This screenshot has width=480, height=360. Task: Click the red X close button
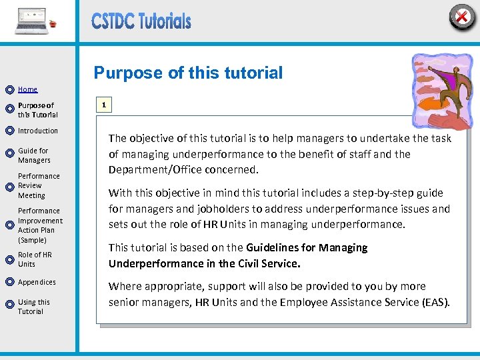pyautogui.click(x=461, y=17)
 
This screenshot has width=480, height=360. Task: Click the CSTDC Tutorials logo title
pyautogui.click(x=141, y=22)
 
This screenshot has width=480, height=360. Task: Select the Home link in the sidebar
pyautogui.click(x=27, y=89)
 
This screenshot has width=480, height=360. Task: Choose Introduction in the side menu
pyautogui.click(x=38, y=131)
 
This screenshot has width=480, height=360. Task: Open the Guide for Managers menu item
pyautogui.click(x=34, y=155)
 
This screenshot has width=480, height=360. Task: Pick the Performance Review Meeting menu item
pyautogui.click(x=39, y=186)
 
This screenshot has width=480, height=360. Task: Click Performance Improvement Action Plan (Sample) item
pyautogui.click(x=40, y=225)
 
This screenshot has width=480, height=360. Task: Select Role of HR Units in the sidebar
pyautogui.click(x=35, y=259)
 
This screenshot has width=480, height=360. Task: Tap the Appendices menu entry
pyautogui.click(x=37, y=282)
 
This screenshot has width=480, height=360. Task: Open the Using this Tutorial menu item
pyautogui.click(x=34, y=307)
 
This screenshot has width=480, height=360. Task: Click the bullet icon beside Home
pyautogui.click(x=9, y=89)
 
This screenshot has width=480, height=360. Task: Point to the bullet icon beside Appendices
pyautogui.click(x=9, y=283)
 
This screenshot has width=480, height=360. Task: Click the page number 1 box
pyautogui.click(x=103, y=105)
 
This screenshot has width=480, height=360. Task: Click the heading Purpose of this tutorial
pyautogui.click(x=188, y=73)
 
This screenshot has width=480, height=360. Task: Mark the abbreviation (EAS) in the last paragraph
pyautogui.click(x=436, y=302)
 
